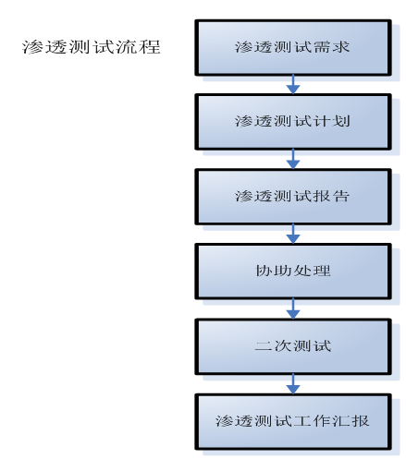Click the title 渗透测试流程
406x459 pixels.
click(x=92, y=47)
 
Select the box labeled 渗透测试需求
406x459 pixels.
click(x=293, y=48)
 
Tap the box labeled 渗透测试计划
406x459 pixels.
click(x=293, y=122)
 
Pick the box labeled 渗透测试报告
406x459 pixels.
click(x=293, y=197)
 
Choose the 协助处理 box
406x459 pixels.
click(x=293, y=272)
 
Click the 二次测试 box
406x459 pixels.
click(x=293, y=346)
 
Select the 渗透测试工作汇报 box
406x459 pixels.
click(x=293, y=421)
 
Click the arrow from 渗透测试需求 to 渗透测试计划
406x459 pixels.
click(x=293, y=85)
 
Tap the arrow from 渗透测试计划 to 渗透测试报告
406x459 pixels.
click(x=293, y=159)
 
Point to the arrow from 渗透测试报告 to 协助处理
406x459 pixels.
click(x=293, y=234)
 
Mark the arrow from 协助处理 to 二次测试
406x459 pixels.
click(x=293, y=308)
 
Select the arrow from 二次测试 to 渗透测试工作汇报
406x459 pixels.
click(x=293, y=384)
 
